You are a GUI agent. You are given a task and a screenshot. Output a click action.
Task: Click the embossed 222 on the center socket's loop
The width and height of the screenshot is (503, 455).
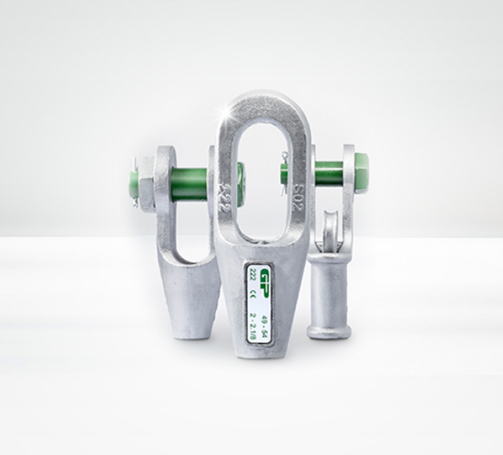pyautogui.click(x=223, y=195)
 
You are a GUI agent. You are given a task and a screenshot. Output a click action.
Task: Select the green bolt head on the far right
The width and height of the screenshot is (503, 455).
pyautogui.click(x=358, y=170)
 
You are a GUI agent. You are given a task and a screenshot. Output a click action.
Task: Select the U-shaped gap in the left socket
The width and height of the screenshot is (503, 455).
pyautogui.click(x=187, y=228)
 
